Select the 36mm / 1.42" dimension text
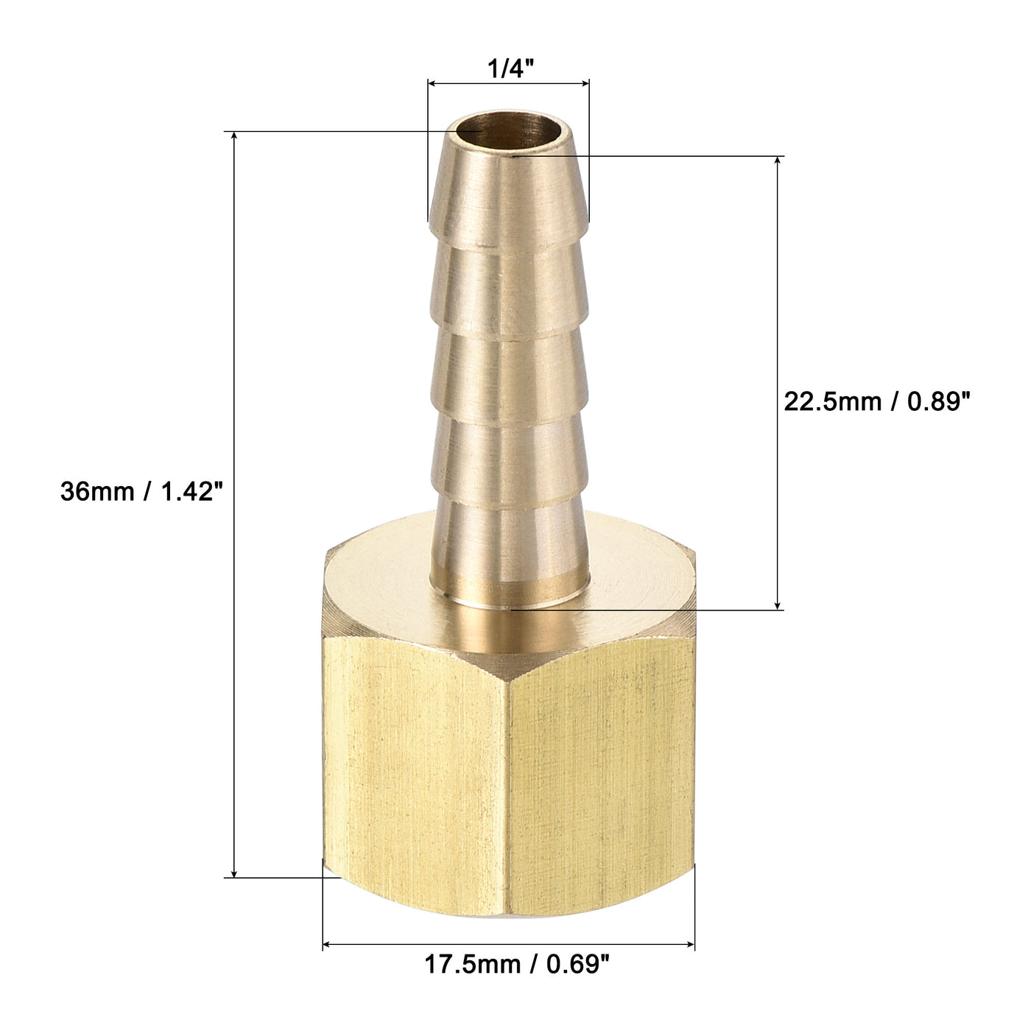click(x=141, y=491)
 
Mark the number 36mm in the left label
click(x=88, y=491)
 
